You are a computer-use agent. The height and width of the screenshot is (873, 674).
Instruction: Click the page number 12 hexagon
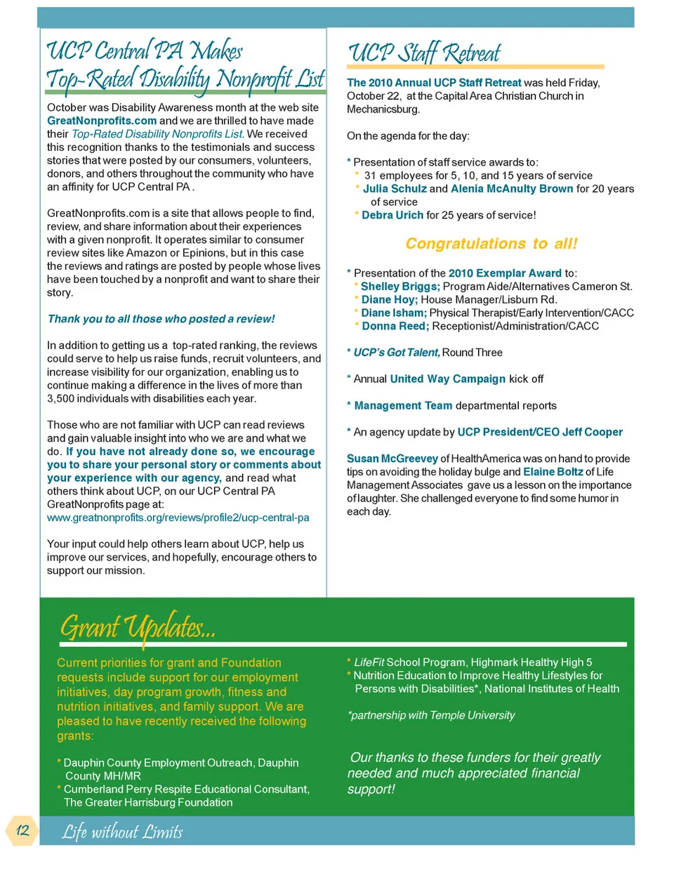22,831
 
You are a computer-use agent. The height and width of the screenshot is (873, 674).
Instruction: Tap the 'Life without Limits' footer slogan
122,832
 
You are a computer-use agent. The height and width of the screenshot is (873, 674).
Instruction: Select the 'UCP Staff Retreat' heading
424,53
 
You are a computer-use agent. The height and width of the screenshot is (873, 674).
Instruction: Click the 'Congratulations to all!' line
491,244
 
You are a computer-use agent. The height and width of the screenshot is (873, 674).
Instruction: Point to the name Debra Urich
392,215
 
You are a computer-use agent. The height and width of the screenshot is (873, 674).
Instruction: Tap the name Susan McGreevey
392,459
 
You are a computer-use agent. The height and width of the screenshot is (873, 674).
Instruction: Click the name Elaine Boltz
553,472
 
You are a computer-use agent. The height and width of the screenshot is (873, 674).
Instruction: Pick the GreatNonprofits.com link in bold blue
102,121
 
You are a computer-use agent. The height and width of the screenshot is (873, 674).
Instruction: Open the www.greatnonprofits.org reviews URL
178,518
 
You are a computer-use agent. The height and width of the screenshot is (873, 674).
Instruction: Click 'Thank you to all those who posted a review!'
161,319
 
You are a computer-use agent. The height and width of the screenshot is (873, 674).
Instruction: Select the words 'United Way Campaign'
447,379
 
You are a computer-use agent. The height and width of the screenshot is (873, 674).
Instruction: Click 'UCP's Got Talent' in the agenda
397,353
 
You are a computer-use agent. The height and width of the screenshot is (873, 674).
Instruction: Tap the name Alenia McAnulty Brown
512,189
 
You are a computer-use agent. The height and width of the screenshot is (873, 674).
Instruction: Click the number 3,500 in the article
62,399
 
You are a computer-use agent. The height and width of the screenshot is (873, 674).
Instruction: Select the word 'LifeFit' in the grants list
369,662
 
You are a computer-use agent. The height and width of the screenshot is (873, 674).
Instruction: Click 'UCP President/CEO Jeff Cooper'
539,432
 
